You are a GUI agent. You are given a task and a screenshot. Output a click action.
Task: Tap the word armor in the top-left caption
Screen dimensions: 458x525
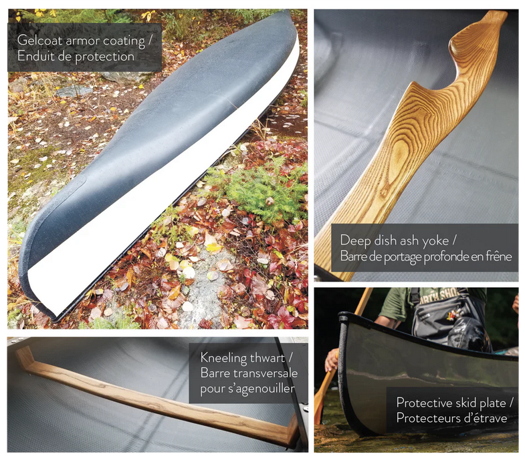tap(82, 41)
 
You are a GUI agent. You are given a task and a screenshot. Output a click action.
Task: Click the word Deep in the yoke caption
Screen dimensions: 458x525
tap(354, 240)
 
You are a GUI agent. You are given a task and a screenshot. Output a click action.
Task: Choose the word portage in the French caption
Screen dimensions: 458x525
tap(390, 256)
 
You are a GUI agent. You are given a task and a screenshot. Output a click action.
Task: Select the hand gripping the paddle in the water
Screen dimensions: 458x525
tap(330, 361)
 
